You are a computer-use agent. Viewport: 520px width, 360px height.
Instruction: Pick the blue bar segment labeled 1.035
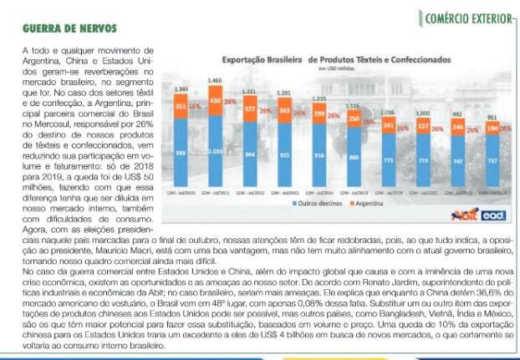pyautogui.click(x=216, y=152)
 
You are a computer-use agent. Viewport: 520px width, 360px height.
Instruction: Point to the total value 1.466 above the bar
pyautogui.click(x=215, y=81)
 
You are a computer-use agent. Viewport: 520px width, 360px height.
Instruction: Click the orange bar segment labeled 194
pyautogui.click(x=492, y=128)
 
